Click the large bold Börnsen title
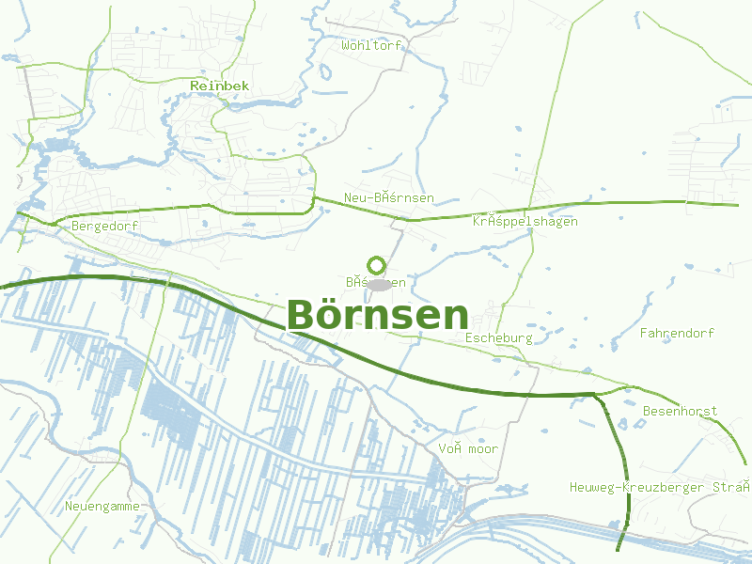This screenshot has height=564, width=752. [x=377, y=315]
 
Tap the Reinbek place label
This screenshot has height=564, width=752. [x=219, y=86]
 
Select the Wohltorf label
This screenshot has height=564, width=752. [x=371, y=45]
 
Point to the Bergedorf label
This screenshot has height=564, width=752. [x=104, y=227]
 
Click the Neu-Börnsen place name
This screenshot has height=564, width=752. [x=388, y=197]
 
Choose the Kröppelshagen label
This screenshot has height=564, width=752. [x=525, y=222]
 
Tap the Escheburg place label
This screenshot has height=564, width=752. [x=498, y=337]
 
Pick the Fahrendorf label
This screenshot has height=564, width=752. [x=677, y=333]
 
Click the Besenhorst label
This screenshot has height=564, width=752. [x=680, y=412]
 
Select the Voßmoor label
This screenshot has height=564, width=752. [x=468, y=449]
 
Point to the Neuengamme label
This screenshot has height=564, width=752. [x=102, y=507]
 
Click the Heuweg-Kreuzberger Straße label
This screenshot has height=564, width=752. [x=660, y=487]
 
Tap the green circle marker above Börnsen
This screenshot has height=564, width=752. [x=377, y=265]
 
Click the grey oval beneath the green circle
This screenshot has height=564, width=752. [x=379, y=284]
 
